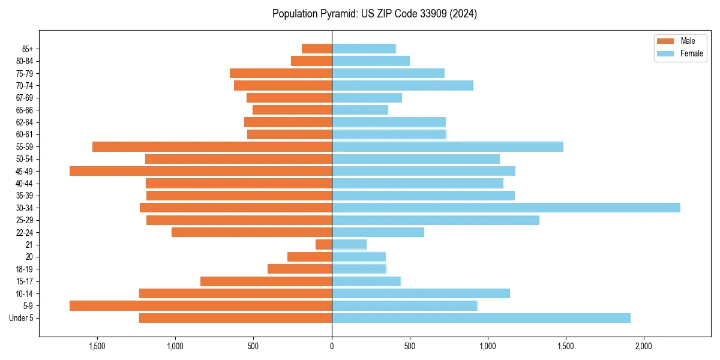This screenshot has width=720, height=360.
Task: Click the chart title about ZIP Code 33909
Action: [x=374, y=14]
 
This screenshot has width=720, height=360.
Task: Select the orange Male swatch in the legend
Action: [x=665, y=41]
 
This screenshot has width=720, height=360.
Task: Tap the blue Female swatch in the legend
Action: [x=665, y=53]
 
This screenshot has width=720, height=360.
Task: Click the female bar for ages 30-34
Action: [x=506, y=208]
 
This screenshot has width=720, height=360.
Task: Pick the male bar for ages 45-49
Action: [x=201, y=171]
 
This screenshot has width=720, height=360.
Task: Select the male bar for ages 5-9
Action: [x=201, y=306]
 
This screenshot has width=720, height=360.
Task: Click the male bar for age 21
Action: [x=324, y=245]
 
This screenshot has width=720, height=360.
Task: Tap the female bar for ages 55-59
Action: [x=448, y=146]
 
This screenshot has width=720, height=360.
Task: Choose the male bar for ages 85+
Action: [x=317, y=49]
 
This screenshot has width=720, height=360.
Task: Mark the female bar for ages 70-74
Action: [x=403, y=85]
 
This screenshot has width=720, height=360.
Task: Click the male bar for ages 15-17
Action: [x=266, y=281]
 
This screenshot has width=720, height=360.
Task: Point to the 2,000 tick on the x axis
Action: [x=644, y=346]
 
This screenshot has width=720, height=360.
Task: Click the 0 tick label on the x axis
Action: [x=332, y=346]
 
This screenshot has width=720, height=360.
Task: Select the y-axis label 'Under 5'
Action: [x=21, y=318]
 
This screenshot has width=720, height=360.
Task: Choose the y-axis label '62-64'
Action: [x=24, y=122]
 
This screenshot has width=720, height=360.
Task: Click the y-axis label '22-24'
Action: [x=24, y=232]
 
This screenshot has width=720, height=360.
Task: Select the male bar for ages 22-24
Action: [x=252, y=232]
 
